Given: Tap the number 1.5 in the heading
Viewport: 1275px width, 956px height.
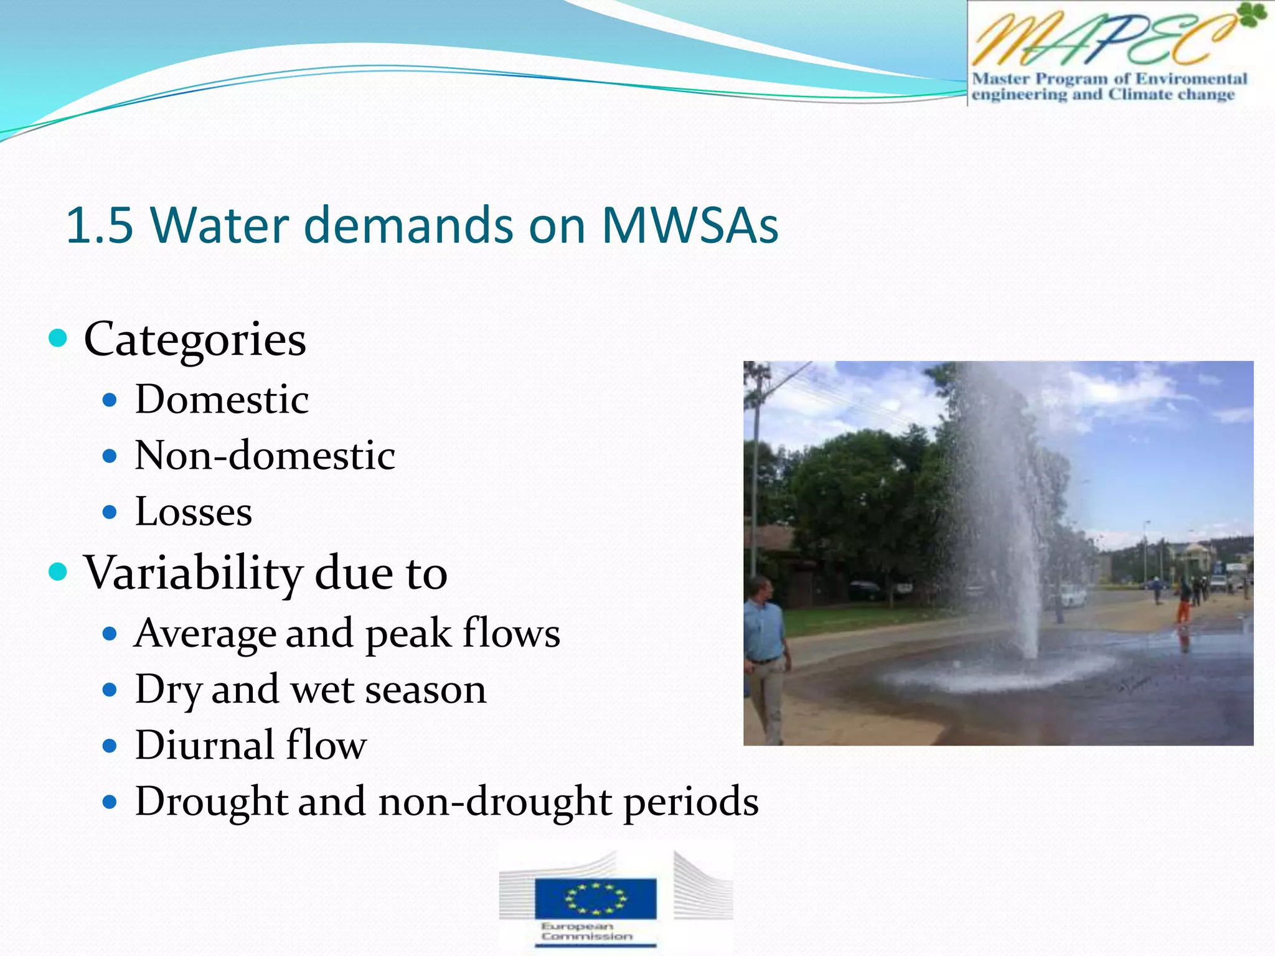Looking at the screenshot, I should click(100, 225).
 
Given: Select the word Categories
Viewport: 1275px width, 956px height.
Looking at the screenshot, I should click(195, 340).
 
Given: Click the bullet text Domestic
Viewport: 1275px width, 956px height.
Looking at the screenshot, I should click(222, 399).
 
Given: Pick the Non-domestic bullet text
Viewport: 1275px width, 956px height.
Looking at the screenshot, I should click(265, 456).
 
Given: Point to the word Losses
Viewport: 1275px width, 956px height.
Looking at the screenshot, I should click(194, 512).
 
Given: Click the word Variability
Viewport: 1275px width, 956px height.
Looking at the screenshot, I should click(193, 573).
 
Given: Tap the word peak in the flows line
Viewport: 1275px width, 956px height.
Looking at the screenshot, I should click(408, 634).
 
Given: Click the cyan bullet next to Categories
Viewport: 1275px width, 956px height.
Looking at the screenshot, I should click(58, 339).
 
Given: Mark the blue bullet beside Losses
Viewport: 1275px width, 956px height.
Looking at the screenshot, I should click(110, 512).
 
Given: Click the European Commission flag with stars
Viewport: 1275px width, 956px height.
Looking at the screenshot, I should click(595, 898).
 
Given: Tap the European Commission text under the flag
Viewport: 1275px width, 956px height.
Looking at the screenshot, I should click(586, 931).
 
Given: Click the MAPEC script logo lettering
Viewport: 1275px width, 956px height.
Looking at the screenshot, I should click(1096, 40).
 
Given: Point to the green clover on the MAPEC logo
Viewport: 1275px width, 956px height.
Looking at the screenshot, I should click(1252, 16).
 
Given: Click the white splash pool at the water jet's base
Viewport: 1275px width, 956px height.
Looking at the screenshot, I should click(996, 675).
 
